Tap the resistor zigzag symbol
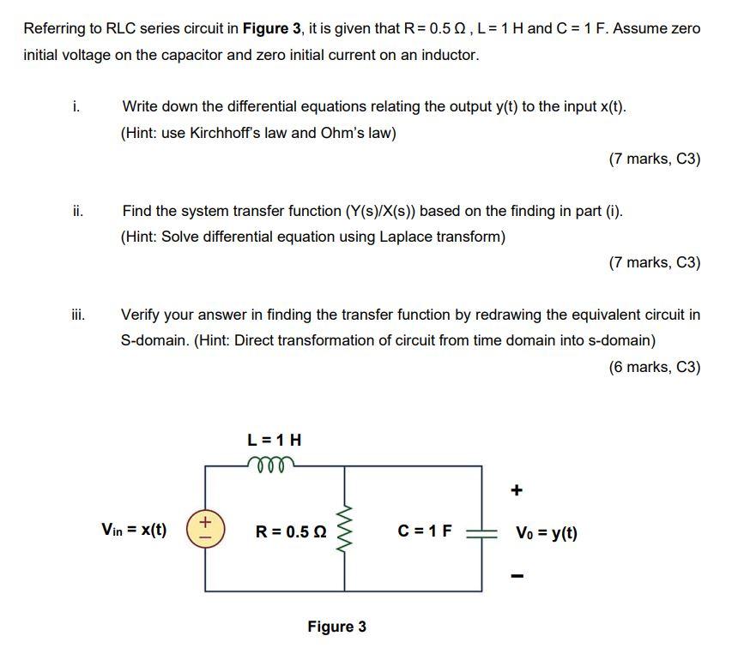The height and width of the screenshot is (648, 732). tap(346, 531)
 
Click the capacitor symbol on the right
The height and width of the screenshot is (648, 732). tap(481, 531)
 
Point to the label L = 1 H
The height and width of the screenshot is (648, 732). tap(274, 441)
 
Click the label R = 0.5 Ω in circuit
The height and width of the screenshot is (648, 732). tap(290, 531)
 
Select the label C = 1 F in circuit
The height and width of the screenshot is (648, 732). tap(425, 531)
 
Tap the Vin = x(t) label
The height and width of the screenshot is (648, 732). tap(135, 531)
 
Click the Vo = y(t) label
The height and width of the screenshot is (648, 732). tap(546, 532)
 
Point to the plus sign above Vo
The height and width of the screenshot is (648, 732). tap(516, 490)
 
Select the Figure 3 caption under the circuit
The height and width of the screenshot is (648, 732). tap(336, 627)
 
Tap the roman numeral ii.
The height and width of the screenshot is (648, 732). tap(77, 211)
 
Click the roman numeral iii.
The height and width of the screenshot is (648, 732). tap(78, 315)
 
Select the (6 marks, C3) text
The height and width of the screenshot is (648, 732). tap(654, 367)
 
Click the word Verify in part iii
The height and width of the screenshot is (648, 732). tap(142, 315)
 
